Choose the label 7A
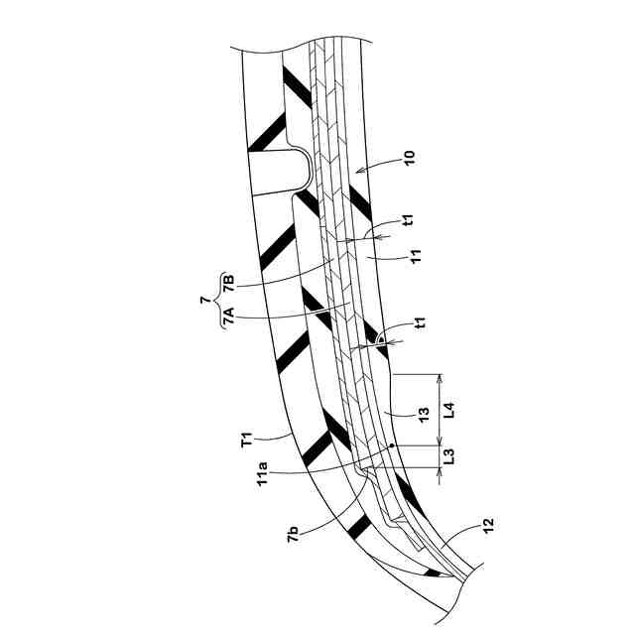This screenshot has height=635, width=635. (x=230, y=317)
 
